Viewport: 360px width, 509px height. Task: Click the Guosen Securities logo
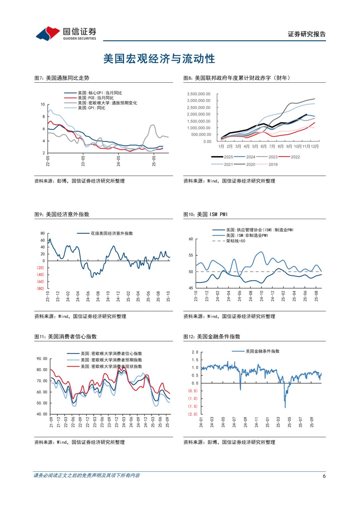66,34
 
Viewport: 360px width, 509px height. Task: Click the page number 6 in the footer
324,476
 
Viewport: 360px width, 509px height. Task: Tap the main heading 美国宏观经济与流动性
159,59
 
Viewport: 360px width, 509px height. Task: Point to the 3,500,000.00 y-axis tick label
199,94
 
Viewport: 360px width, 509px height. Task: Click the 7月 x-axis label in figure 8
272,146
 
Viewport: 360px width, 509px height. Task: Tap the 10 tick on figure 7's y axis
43,105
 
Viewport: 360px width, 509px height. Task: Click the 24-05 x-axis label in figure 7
118,161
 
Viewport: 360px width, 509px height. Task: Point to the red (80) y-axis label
40,289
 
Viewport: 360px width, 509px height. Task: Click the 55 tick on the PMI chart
191,255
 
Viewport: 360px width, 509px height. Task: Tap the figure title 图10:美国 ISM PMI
205,214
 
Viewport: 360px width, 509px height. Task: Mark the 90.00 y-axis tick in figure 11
42,359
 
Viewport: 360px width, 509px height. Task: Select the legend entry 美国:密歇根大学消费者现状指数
111,366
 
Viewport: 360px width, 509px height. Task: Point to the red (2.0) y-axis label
193,414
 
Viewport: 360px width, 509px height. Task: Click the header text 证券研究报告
307,34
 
